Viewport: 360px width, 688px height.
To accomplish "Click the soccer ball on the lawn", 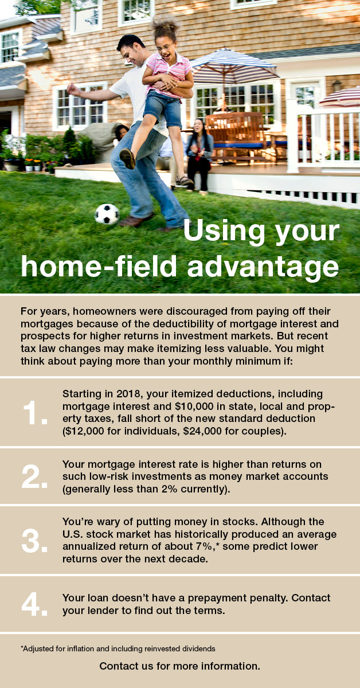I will click(x=107, y=213).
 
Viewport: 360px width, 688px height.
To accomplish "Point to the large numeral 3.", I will click(x=35, y=541).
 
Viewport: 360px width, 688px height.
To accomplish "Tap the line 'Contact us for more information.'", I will click(x=180, y=666).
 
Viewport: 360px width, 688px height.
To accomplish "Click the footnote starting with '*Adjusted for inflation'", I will click(x=118, y=649).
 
